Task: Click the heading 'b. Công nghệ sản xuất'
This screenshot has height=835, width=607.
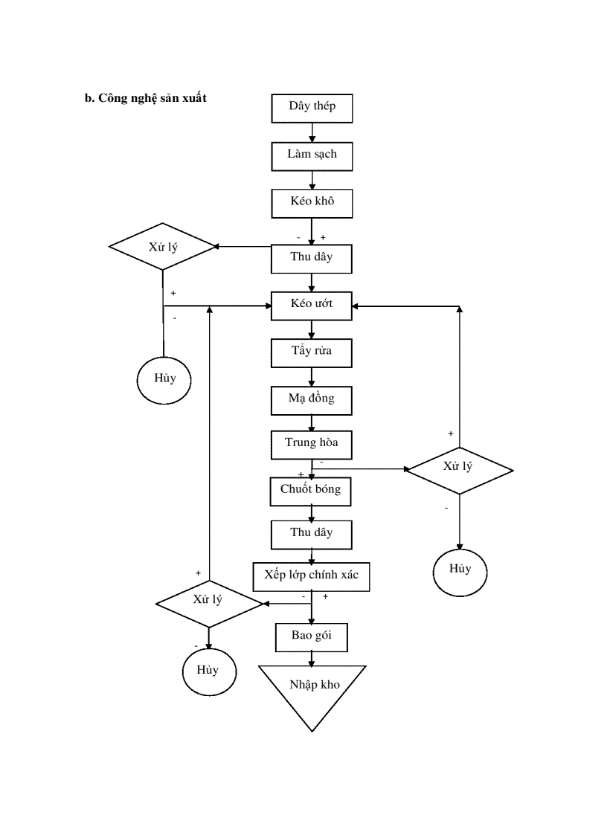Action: tap(145, 99)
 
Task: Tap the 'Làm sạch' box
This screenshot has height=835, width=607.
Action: tap(312, 155)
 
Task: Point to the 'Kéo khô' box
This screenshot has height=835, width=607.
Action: tap(312, 203)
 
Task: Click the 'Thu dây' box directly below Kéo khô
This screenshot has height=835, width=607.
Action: tap(312, 258)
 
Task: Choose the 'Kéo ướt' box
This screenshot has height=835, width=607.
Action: tap(312, 305)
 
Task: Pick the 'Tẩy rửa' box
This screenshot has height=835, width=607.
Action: tap(312, 352)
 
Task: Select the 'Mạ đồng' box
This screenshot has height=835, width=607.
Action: tap(312, 399)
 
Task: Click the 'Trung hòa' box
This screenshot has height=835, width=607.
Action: tap(312, 444)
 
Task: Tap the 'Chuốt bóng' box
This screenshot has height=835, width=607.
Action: tap(311, 491)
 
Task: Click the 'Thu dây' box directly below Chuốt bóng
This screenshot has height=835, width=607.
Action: tap(312, 534)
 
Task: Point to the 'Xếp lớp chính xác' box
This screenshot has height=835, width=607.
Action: tap(311, 576)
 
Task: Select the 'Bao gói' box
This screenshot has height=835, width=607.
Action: tap(311, 637)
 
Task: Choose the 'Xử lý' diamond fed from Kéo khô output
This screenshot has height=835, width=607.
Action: tap(163, 246)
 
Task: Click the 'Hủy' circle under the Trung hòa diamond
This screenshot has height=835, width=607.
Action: tap(460, 570)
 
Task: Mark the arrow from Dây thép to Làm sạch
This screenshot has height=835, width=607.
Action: tap(312, 132)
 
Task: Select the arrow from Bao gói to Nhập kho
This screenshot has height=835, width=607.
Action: tap(312, 658)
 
